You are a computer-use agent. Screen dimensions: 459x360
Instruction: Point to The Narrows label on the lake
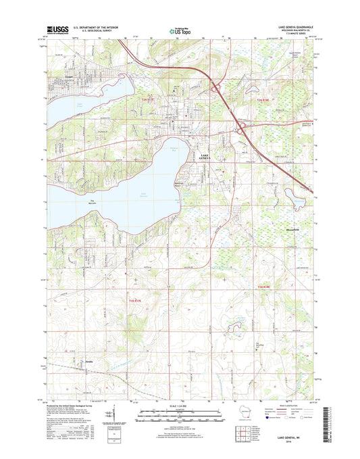[x=91, y=201]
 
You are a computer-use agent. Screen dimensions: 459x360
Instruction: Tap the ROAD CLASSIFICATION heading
[x=292, y=404]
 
